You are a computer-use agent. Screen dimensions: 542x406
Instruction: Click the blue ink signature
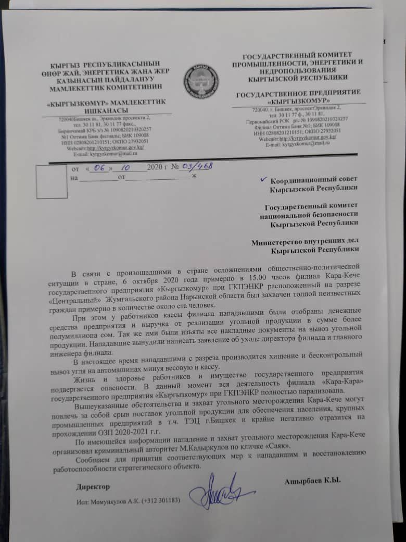219,490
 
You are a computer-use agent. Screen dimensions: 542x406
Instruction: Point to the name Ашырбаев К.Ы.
312,480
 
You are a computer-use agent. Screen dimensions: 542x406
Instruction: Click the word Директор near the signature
93,486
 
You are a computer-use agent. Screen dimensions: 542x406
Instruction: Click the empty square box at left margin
52,181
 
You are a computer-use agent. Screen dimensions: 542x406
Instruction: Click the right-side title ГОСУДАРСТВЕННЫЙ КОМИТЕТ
298,55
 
